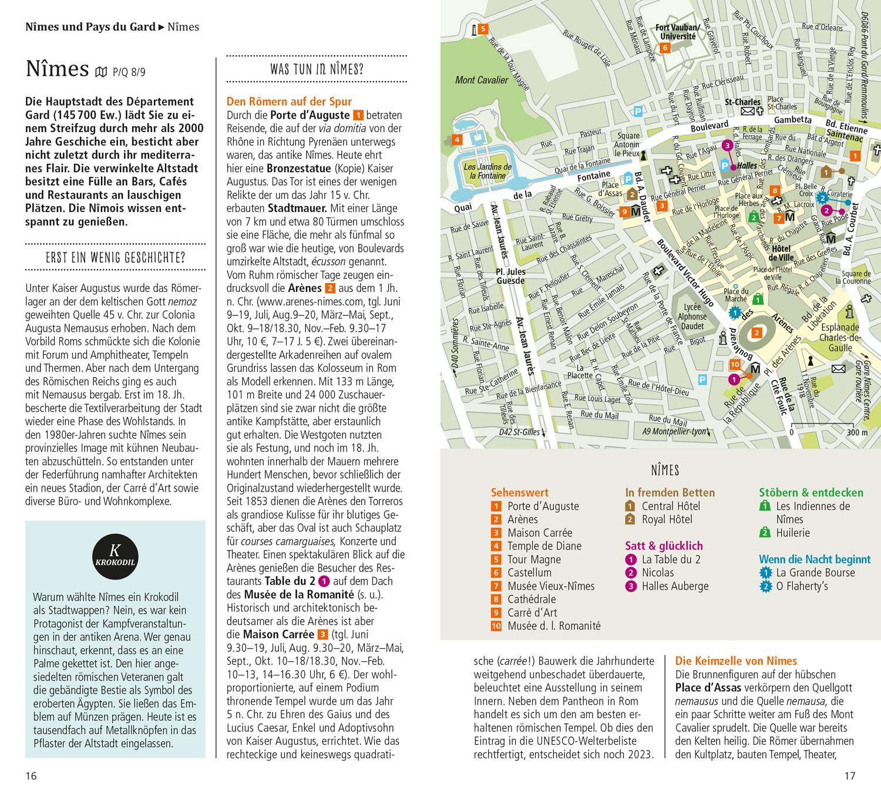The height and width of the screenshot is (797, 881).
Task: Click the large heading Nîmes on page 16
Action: (57, 69)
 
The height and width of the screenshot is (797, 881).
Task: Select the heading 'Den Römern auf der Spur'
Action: (289, 102)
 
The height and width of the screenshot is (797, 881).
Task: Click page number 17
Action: (849, 776)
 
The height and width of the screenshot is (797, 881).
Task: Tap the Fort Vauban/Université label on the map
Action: (677, 32)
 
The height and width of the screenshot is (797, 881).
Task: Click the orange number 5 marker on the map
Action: (482, 28)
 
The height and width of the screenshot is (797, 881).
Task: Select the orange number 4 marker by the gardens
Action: (456, 139)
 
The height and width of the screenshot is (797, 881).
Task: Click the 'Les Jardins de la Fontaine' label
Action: (487, 171)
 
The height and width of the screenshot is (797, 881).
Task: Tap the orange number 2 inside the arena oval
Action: (757, 333)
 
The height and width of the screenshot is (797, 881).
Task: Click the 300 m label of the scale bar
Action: (857, 433)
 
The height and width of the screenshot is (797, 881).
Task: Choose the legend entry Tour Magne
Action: (533, 559)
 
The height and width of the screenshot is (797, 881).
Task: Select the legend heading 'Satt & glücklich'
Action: (664, 546)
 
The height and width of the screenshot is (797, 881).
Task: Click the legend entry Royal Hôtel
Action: (667, 519)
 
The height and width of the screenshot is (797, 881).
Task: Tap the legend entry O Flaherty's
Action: (802, 586)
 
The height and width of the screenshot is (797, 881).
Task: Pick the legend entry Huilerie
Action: (792, 533)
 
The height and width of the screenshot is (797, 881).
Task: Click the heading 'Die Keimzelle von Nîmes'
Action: (736, 661)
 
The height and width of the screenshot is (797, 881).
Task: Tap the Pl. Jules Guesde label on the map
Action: (511, 277)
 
